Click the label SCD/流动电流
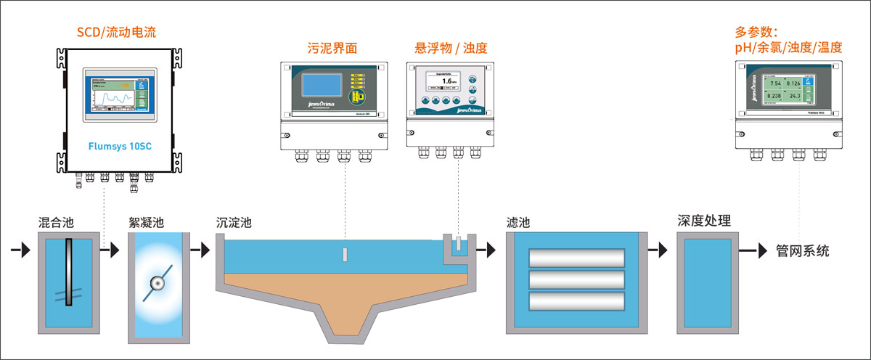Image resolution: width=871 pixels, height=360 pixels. coord(117,32)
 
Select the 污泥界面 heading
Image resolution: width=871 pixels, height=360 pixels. coord(332,49)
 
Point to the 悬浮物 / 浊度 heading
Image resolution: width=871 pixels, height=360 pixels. coord(451,49)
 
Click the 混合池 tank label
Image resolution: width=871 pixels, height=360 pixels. coord(56,222)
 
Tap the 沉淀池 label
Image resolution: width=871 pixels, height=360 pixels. coord(234,222)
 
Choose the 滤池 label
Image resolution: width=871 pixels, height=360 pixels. coord(518,222)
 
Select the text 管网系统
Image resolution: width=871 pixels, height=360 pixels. coord(802,251)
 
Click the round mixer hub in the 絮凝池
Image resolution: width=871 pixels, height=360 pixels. coord(157,284)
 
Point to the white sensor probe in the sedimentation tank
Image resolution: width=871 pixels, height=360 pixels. coord(345,254)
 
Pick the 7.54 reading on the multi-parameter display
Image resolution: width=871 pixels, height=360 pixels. coord(774,84)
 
